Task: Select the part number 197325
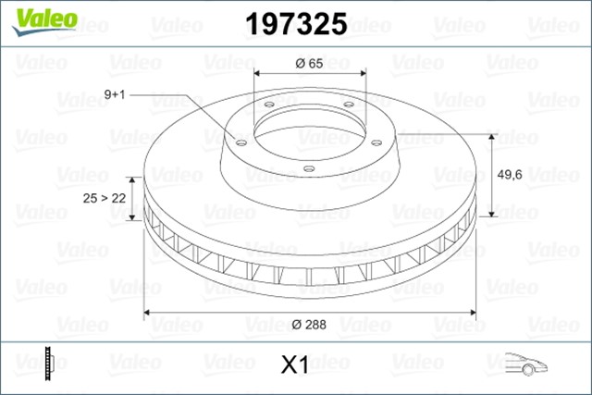(x=295, y=24)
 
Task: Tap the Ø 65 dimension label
(x=309, y=63)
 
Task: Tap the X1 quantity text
(x=293, y=366)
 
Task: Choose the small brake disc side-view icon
(x=48, y=364)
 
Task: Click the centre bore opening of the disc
(x=310, y=130)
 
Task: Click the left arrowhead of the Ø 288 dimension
(x=148, y=313)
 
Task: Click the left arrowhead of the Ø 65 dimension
(x=258, y=75)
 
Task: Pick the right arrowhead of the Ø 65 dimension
(x=362, y=75)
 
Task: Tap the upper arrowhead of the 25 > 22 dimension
(x=141, y=182)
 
